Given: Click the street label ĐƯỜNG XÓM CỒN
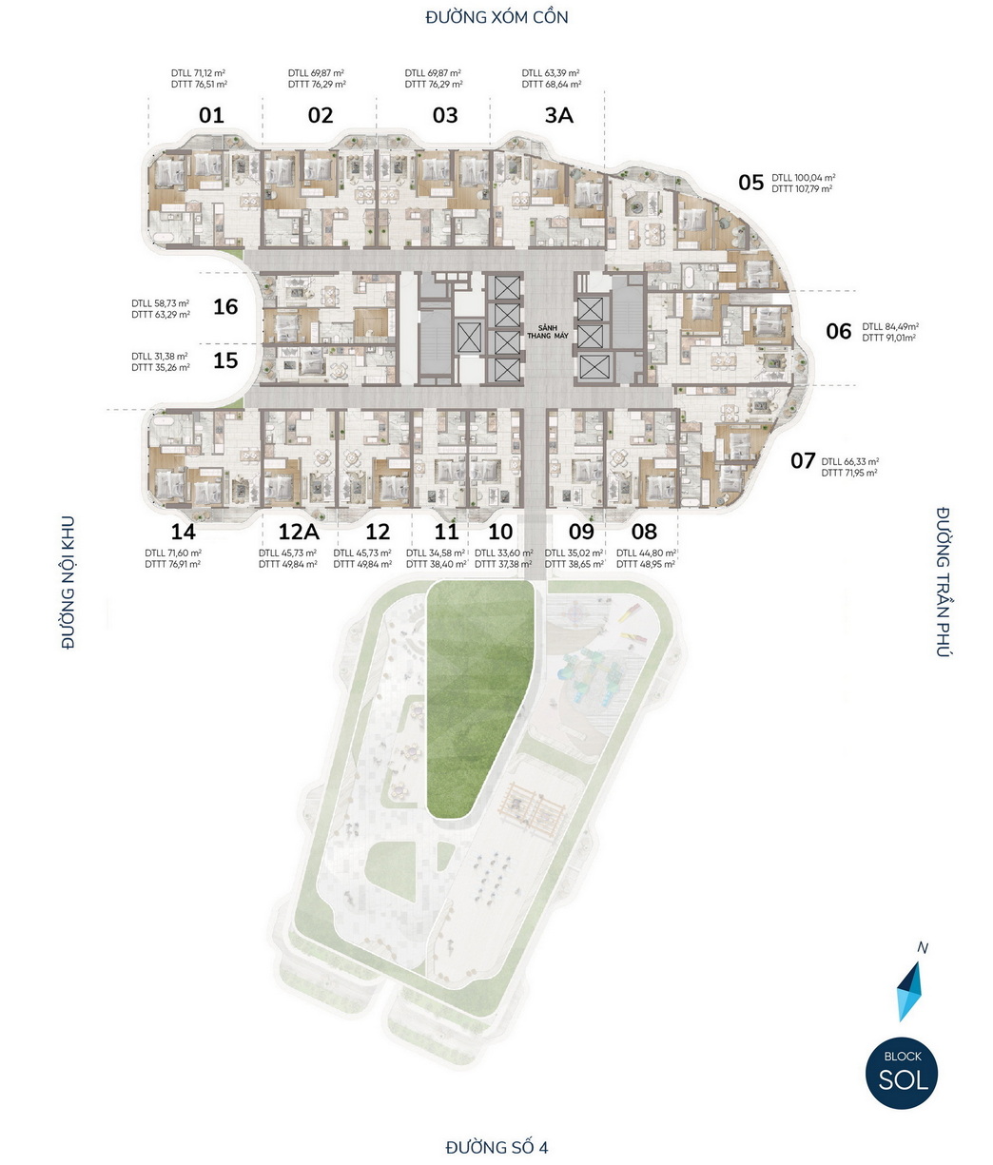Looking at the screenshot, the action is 496,17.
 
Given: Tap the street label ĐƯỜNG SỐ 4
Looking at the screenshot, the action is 496,1146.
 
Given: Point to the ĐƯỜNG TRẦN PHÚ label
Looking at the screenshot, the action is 944,582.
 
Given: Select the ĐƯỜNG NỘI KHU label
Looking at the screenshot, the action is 68,582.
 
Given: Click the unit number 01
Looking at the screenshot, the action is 211,115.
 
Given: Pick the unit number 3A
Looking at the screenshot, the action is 558,115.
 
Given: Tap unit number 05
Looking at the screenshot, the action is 751,182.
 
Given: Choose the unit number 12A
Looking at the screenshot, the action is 299,531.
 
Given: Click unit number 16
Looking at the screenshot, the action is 225,306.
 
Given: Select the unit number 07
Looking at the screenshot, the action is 803,460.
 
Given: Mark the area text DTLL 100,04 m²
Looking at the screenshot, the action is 804,178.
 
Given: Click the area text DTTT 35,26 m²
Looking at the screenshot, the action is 161,367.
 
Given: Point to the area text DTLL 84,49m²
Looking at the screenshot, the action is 890,326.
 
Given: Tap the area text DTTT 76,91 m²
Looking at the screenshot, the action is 172,564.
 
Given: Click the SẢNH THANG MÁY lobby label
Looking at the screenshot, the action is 547,331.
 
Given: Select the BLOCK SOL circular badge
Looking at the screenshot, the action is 902,1073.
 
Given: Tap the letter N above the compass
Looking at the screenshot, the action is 923,948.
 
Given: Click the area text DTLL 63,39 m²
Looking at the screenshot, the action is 551,72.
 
